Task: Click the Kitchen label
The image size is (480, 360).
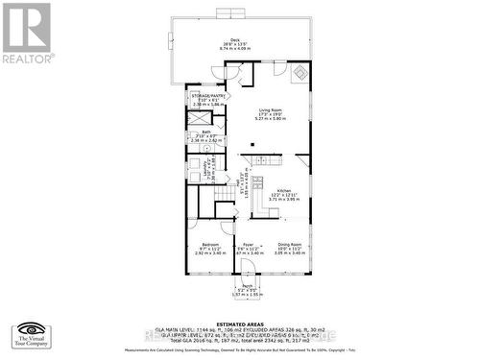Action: tap(284, 191)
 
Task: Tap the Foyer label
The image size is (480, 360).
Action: tap(247, 245)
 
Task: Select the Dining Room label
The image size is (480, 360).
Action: tap(290, 245)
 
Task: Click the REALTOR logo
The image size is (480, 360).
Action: tap(25, 33)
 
